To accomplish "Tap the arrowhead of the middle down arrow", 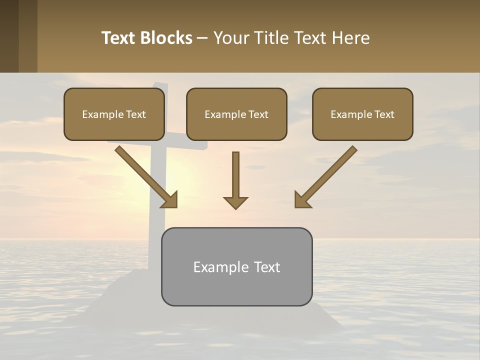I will tap(235, 202).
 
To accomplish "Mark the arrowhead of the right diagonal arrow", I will tap(301, 200).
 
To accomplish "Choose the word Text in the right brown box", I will tap(384, 114).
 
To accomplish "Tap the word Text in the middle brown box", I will tap(258, 114).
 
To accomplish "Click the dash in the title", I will tap(202, 38).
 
